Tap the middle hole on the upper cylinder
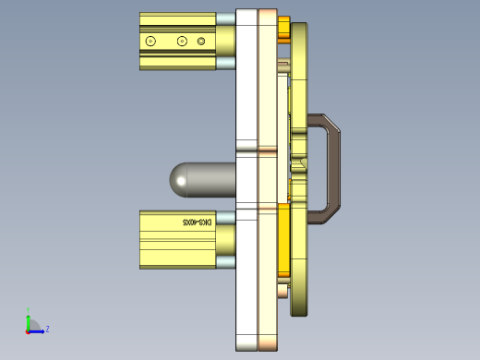click(x=181, y=41)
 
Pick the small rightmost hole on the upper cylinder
click(x=201, y=41)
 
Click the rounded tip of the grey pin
click(x=177, y=180)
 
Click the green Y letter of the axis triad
click(x=28, y=310)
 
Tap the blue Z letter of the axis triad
click(x=47, y=329)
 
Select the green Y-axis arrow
click(x=28, y=319)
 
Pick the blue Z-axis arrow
click(x=38, y=330)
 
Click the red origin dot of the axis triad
click(x=28, y=330)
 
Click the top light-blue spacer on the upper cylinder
click(x=226, y=18)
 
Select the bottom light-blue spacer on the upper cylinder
click(x=226, y=64)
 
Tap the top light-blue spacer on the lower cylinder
click(x=226, y=215)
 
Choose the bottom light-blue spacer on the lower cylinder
click(x=226, y=262)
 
